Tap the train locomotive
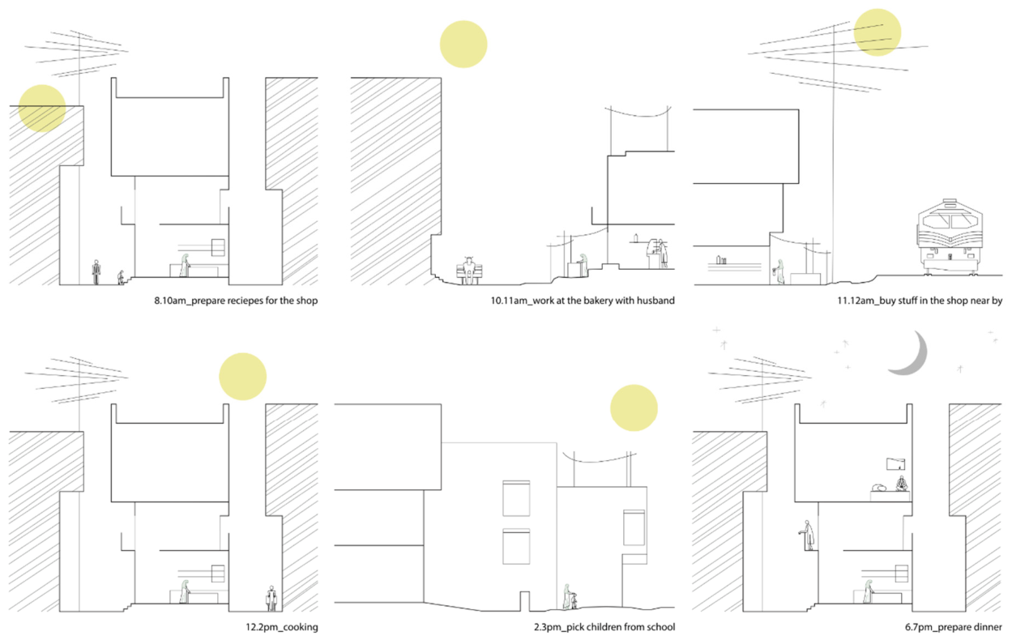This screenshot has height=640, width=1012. tap(950, 237)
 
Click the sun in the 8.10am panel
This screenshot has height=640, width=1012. tap(42, 109)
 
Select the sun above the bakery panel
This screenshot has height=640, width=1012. tap(463, 45)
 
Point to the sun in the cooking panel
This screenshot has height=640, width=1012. tap(242, 376)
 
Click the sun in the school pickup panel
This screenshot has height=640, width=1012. tap(634, 407)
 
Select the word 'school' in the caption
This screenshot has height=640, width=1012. tap(660, 627)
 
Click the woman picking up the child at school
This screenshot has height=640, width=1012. tap(566, 596)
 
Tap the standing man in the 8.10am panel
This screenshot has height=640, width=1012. tap(96, 272)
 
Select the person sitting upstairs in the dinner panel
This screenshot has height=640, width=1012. tap(902, 484)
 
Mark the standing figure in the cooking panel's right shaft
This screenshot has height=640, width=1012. tap(271, 599)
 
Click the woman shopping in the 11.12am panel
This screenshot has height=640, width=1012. tap(779, 271)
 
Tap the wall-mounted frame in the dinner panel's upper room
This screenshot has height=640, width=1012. tap(895, 464)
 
